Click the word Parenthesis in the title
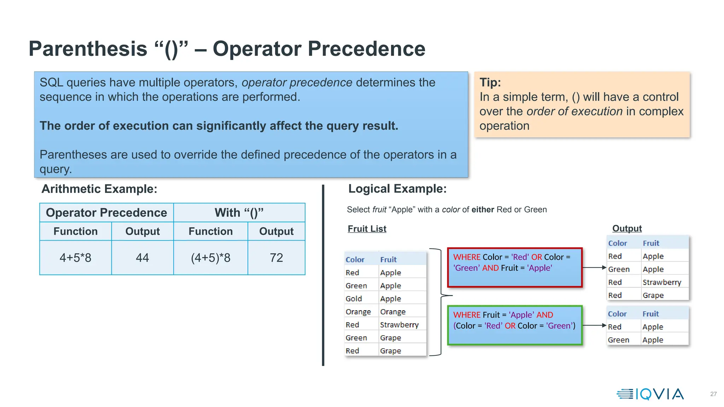(88, 49)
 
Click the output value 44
(142, 258)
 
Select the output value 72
(276, 258)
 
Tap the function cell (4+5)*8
(210, 258)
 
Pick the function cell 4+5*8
(75, 258)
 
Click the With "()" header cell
(239, 213)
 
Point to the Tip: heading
(490, 82)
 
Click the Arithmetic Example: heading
(99, 189)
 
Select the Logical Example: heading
(397, 189)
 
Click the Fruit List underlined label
(367, 229)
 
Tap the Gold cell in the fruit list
(354, 299)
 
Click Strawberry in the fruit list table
(399, 325)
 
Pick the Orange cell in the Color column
(358, 312)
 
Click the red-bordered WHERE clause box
(514, 267)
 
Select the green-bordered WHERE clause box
(514, 325)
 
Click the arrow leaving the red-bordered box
(594, 267)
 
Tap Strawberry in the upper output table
(662, 282)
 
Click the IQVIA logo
(650, 394)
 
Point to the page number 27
(713, 394)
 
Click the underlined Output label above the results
(627, 229)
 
